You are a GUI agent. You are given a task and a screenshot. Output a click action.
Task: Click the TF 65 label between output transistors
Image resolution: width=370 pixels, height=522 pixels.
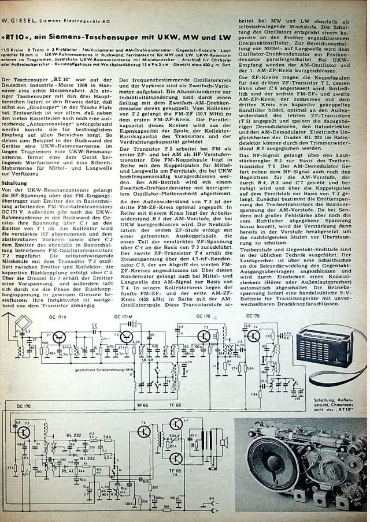[x=176, y=471]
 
